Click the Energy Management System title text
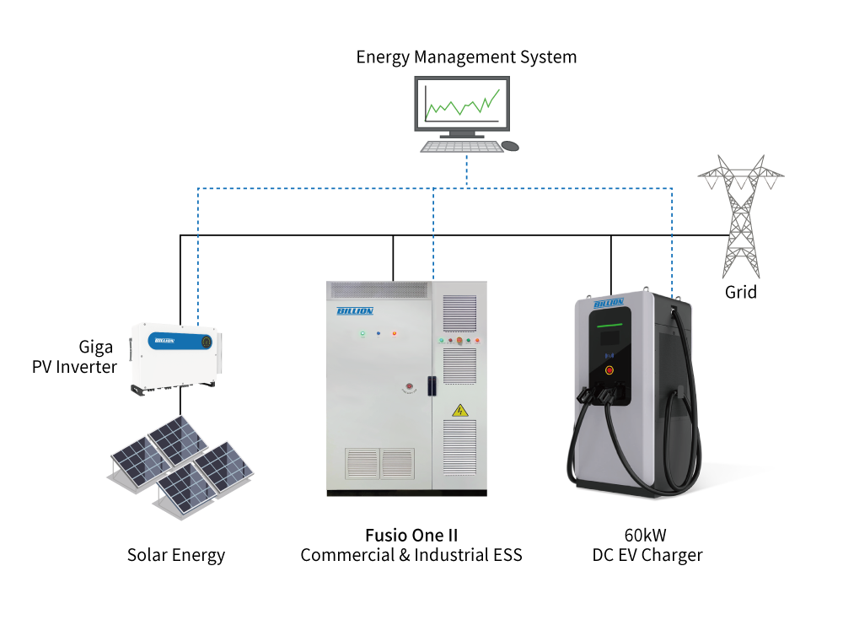coord(466,57)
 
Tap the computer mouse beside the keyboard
coord(510,146)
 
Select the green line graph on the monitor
coord(462,103)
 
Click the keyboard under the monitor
coord(461,147)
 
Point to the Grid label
coord(741,292)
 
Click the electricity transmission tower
coord(741,216)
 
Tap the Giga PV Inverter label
coord(74,357)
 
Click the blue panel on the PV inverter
coord(180,341)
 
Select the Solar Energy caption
coord(176,555)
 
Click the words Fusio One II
coord(411,536)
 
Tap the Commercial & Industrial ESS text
coord(411,555)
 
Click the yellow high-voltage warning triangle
coord(459,411)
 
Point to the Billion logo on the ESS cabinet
coord(355,311)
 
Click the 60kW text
coord(645,536)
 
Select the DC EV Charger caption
coord(647,555)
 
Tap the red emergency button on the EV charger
coord(609,370)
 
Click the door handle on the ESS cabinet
coord(431,385)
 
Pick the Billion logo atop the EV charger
coord(609,304)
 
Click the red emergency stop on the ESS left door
coord(409,386)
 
